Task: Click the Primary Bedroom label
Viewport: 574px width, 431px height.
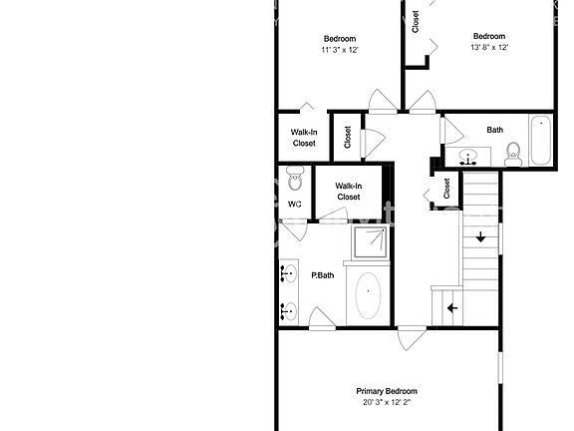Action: (387, 391)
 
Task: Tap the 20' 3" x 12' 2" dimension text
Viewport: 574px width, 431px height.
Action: (387, 403)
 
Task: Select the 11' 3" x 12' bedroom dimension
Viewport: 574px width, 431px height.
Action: (339, 49)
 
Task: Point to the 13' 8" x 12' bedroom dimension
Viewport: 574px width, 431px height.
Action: (489, 47)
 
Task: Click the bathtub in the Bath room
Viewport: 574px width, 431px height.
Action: (540, 143)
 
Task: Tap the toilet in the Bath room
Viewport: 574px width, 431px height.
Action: (513, 152)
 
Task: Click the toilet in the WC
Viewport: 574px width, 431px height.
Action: (294, 180)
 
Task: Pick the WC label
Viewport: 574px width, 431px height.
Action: (295, 205)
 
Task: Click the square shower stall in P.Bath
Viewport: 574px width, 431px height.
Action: (370, 240)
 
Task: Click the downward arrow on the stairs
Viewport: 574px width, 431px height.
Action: (480, 236)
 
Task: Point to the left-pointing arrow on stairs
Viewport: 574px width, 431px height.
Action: (451, 308)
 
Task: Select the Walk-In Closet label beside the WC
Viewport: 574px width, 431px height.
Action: (348, 191)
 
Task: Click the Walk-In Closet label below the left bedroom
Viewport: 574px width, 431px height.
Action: (304, 137)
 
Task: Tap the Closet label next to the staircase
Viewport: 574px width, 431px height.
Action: (447, 188)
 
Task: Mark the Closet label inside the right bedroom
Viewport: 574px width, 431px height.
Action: (416, 19)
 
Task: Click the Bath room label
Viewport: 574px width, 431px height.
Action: (494, 130)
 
